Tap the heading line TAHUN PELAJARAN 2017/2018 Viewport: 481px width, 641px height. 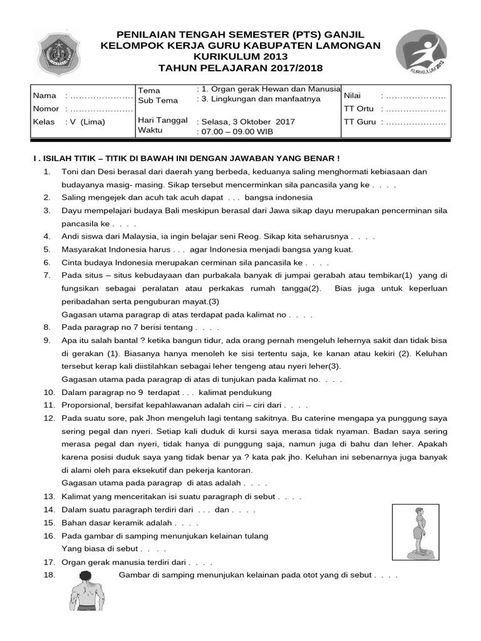[x=240, y=68]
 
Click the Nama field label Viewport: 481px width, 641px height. [x=44, y=96]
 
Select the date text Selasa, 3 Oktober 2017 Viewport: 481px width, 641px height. [x=246, y=121]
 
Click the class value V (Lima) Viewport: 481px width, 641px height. [x=88, y=121]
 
